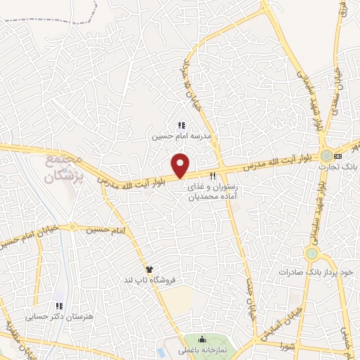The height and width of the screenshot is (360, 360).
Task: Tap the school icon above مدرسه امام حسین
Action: point(181,125)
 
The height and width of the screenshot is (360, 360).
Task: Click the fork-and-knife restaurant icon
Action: point(212,176)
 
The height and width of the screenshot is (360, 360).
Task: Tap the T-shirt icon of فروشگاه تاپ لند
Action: point(148,269)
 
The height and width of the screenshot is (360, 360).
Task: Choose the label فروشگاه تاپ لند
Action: point(148,281)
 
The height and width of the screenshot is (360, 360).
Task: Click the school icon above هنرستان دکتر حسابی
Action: point(59,306)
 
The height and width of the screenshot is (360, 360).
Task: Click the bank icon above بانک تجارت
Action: point(338,155)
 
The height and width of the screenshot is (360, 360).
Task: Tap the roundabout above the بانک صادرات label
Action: point(311,252)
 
